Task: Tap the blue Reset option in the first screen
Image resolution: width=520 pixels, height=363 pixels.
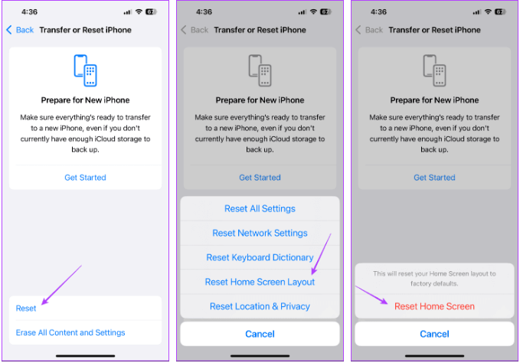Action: click(26, 309)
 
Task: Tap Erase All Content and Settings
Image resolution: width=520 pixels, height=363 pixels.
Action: click(70, 332)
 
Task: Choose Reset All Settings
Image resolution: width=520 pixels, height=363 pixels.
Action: click(260, 208)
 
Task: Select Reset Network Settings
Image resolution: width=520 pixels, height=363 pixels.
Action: click(260, 233)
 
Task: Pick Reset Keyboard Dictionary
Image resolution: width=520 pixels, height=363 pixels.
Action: click(260, 257)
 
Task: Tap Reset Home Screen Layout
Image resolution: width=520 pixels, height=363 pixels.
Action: click(260, 282)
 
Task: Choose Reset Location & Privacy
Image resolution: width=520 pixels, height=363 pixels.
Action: click(260, 306)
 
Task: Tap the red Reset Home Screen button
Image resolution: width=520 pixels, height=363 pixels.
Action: click(434, 306)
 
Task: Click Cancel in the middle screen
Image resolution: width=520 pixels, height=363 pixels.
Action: click(260, 334)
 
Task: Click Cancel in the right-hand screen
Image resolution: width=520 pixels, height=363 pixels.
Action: click(434, 334)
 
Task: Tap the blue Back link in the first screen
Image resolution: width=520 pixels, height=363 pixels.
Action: click(20, 30)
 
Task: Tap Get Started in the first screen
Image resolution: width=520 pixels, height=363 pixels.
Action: click(85, 178)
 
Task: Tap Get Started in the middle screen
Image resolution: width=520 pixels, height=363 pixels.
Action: click(260, 178)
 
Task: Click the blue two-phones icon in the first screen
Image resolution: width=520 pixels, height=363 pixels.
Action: click(85, 70)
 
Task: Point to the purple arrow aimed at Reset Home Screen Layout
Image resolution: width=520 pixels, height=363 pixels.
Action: click(321, 254)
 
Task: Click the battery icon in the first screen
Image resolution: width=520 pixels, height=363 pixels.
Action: click(151, 12)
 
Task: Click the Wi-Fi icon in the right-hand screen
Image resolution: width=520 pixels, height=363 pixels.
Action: click(488, 12)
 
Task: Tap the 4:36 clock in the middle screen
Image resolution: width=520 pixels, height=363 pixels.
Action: click(204, 12)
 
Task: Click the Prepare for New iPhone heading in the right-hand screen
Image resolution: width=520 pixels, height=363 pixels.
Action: click(434, 100)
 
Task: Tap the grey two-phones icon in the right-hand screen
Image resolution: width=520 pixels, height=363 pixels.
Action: click(434, 70)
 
